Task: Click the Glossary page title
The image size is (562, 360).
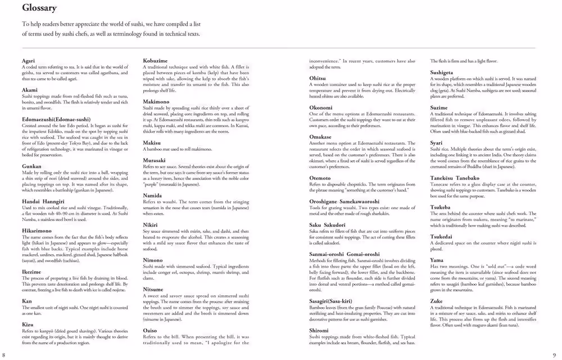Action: pyautogui.click(x=39, y=8)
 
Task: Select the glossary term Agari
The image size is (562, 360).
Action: pyautogui.click(x=28, y=60)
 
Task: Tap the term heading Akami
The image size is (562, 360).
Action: pyautogui.click(x=30, y=90)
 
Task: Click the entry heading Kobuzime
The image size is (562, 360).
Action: pyautogui.click(x=155, y=60)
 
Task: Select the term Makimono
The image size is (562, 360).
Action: pyautogui.click(x=156, y=101)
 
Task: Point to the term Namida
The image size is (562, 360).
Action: pyautogui.click(x=152, y=196)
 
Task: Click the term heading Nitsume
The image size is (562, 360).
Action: pyautogui.click(x=153, y=290)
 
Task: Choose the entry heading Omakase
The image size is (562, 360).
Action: pyautogui.click(x=320, y=137)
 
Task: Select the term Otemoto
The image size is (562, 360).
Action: pyautogui.click(x=320, y=178)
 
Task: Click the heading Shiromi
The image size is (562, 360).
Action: pyautogui.click(x=319, y=331)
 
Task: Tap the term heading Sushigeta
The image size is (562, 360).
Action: pyautogui.click(x=442, y=73)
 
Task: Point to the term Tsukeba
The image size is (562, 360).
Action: pyautogui.click(x=440, y=208)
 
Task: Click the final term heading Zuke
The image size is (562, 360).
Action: pyautogui.click(x=437, y=301)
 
